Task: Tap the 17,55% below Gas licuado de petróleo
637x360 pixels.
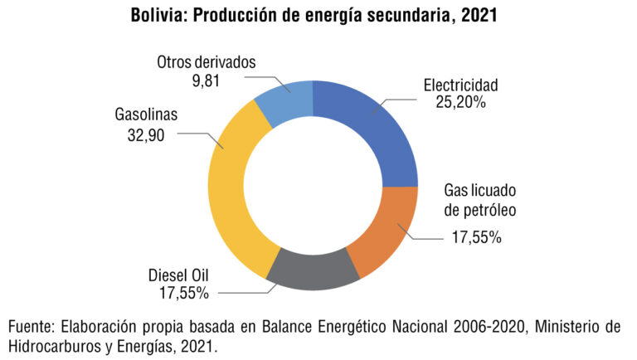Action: (x=476, y=238)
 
